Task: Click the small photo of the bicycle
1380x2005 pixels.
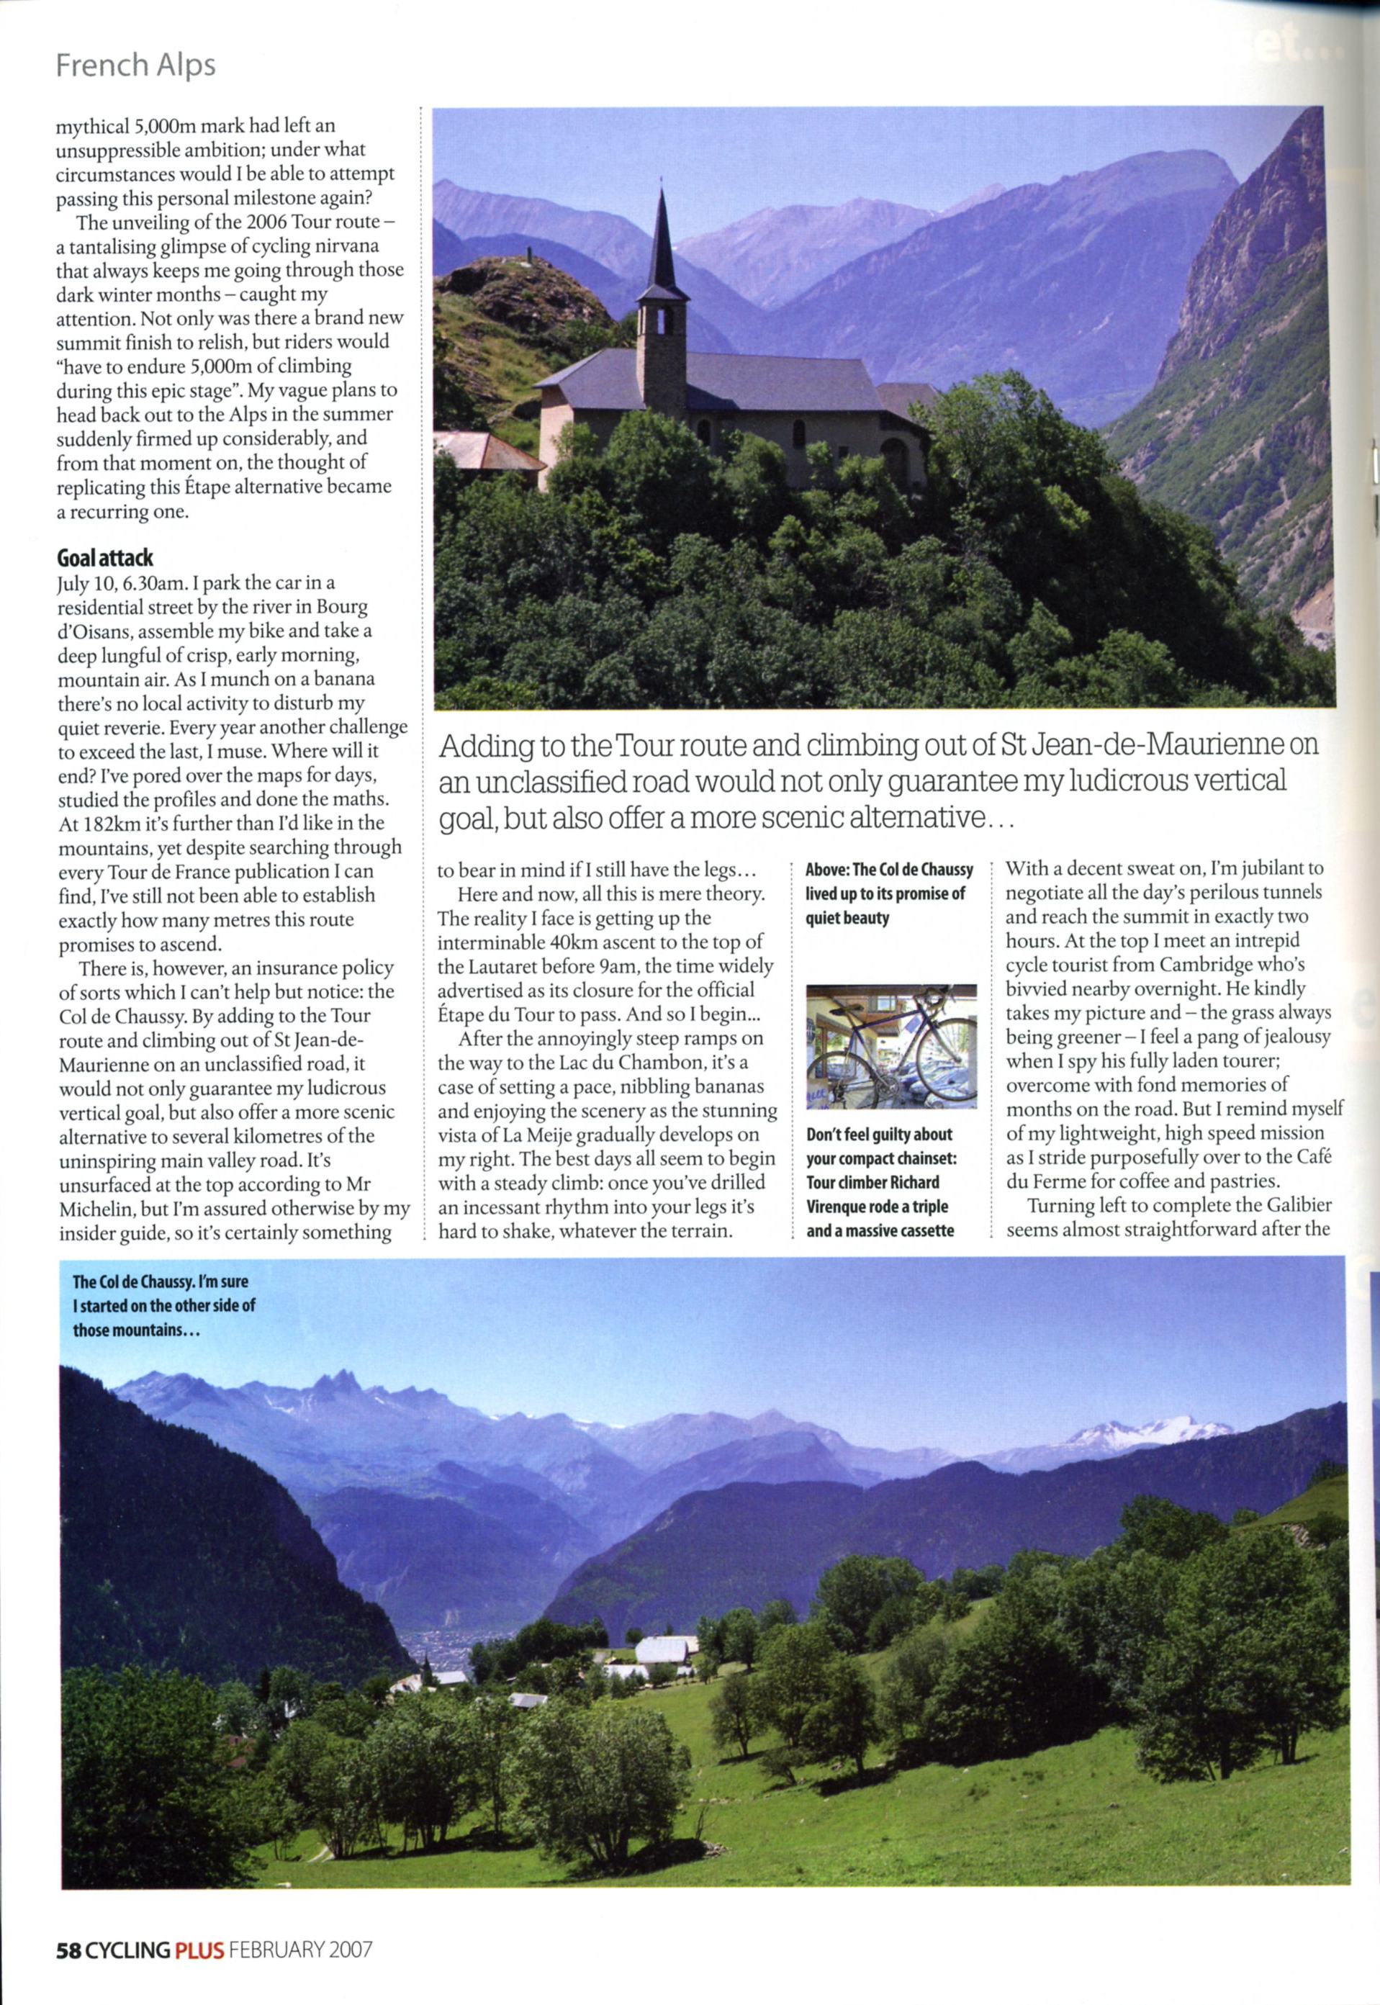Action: tap(890, 1045)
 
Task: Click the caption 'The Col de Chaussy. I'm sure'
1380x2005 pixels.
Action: tap(160, 1282)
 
